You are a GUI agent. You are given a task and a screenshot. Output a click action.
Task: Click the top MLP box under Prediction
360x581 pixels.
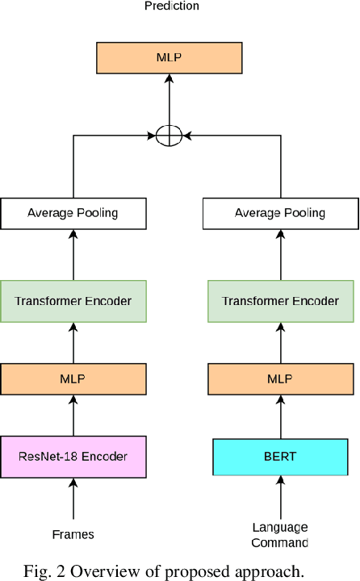[169, 56]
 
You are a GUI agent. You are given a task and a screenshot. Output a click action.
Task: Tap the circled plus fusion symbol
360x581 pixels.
[169, 136]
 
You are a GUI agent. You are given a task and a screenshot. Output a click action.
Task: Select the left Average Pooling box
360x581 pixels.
[73, 213]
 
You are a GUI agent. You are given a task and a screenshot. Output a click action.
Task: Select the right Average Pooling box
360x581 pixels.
[280, 213]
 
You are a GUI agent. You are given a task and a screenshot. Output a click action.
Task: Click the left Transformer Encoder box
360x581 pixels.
[73, 301]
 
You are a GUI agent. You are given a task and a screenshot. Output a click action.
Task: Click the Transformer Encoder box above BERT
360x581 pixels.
[280, 301]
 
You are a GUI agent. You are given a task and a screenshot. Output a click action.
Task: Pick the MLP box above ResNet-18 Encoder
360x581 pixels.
[73, 378]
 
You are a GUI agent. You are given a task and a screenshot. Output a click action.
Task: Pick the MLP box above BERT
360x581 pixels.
[280, 378]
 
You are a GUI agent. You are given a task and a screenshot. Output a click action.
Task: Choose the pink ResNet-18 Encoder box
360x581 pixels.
[73, 457]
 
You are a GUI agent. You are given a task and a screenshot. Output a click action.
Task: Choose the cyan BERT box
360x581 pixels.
[280, 457]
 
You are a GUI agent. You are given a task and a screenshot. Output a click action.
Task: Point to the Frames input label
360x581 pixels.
[73, 534]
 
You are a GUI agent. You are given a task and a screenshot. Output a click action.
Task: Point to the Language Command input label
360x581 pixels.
[280, 535]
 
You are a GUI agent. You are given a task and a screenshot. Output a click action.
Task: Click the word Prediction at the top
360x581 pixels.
[172, 6]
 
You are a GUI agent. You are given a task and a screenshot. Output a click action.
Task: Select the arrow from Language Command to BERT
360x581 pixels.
[280, 498]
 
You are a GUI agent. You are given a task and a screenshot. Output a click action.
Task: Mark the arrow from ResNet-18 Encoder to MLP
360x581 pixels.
[73, 415]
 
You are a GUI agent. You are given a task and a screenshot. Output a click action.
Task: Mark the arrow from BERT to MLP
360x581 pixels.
[280, 416]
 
